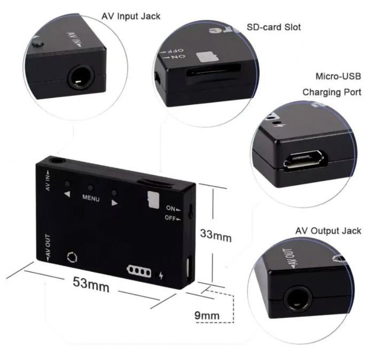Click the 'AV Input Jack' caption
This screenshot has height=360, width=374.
(131, 17)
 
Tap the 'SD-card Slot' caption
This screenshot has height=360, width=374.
(274, 27)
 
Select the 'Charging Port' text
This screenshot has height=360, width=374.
(332, 92)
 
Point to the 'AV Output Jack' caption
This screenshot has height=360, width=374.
(328, 231)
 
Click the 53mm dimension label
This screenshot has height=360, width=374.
(91, 285)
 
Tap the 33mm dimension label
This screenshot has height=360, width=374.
(216, 235)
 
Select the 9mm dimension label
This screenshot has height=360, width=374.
(207, 316)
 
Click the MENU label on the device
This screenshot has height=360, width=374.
(91, 198)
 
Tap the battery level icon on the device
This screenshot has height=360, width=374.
(139, 271)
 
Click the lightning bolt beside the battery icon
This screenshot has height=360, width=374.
(161, 275)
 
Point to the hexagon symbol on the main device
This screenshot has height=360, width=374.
(72, 257)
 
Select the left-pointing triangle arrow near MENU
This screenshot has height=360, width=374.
(67, 194)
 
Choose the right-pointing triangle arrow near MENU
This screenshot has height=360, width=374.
(114, 202)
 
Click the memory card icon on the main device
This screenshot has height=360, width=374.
(154, 200)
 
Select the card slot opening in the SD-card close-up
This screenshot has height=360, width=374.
(213, 71)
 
